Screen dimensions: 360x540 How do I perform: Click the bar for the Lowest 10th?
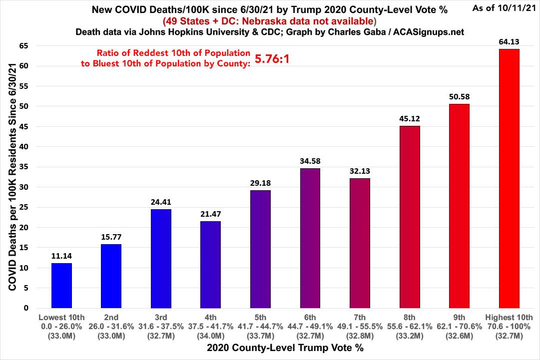(61, 286)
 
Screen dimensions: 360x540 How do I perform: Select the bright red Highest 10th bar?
(509, 178)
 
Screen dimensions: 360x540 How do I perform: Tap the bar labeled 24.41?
(161, 259)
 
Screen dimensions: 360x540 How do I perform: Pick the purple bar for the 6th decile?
(310, 238)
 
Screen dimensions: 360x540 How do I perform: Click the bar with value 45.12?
(410, 217)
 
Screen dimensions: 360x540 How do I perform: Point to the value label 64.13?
(509, 42)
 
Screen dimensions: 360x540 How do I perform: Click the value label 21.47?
(210, 214)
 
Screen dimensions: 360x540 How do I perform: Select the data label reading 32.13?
(360, 171)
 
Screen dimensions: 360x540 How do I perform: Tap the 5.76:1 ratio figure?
(272, 59)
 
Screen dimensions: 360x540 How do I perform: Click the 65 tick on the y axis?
(23, 45)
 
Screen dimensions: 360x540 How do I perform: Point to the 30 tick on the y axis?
(23, 187)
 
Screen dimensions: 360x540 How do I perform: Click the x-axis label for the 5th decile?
(260, 317)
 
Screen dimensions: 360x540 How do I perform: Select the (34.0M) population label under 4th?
(210, 335)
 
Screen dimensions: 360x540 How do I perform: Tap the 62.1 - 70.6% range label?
(460, 326)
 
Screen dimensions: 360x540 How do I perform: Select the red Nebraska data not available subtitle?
(269, 21)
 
